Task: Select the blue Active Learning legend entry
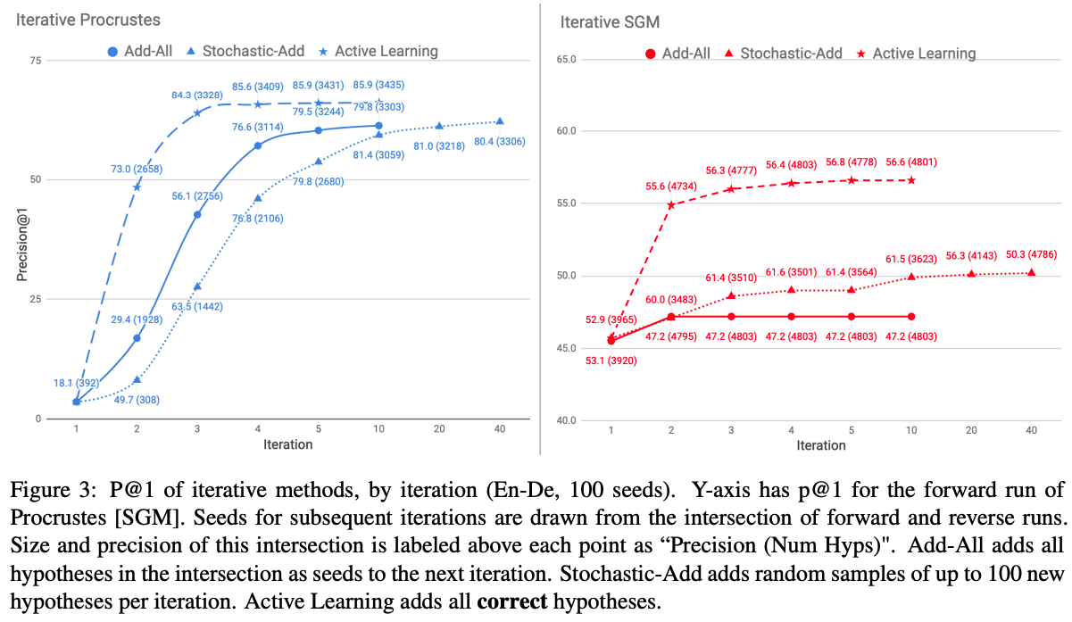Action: [x=382, y=51]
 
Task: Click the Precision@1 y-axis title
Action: [x=21, y=238]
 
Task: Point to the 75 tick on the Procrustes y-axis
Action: [x=36, y=60]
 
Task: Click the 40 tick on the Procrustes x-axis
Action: [x=499, y=429]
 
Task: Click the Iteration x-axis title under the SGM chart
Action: [x=820, y=445]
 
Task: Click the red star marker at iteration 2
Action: [x=671, y=204]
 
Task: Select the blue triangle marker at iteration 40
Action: [x=499, y=121]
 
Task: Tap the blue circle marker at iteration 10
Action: [x=378, y=126]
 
